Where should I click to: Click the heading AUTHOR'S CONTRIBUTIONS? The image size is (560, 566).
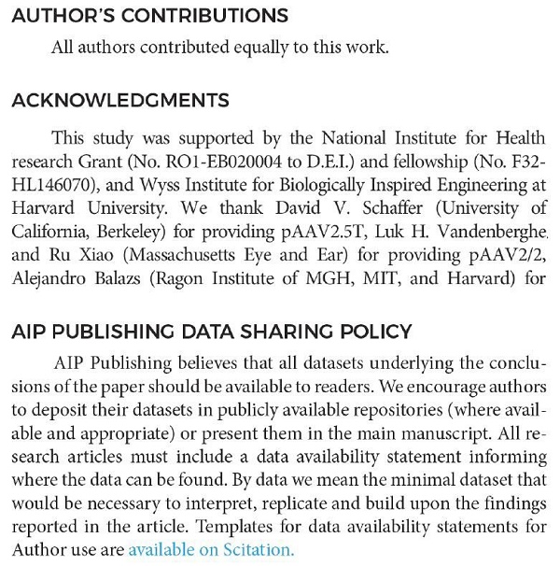click(149, 17)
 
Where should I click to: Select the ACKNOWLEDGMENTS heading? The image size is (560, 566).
click(119, 100)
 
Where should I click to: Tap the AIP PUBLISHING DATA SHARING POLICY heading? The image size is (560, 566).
click(210, 331)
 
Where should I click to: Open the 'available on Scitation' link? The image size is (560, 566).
click(211, 550)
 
